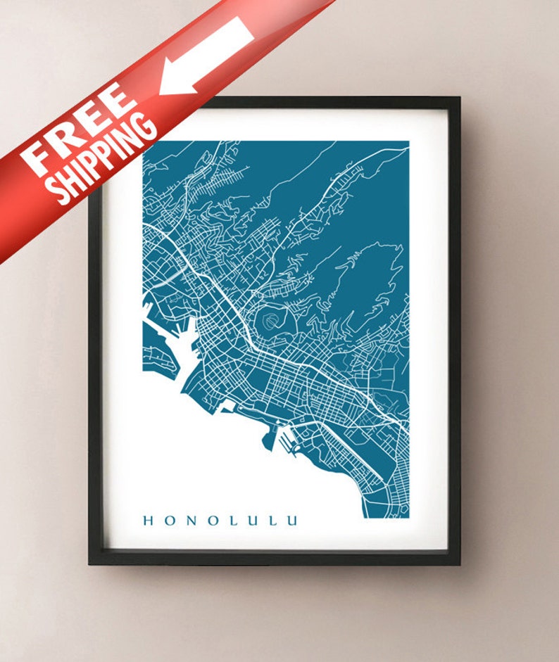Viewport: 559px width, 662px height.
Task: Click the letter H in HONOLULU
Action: [149, 521]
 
